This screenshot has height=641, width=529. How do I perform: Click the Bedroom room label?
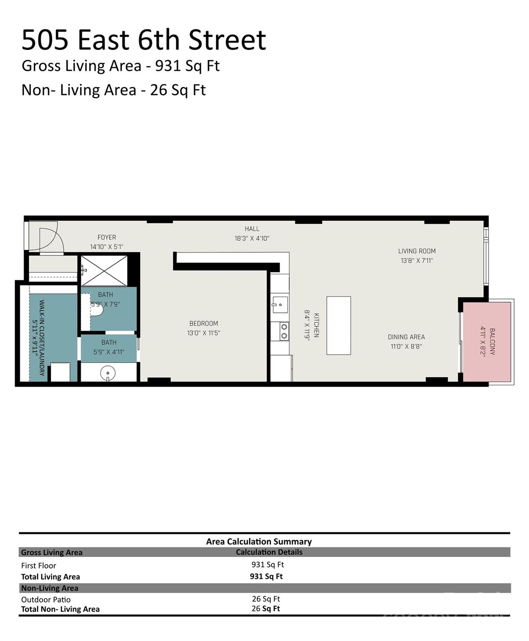204,323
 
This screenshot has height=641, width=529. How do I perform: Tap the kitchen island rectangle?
339,326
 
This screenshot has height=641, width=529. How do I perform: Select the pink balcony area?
487,342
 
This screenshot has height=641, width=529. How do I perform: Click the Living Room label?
417,251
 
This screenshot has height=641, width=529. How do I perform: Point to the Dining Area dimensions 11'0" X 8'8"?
406,346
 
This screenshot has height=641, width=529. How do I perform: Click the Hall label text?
252,229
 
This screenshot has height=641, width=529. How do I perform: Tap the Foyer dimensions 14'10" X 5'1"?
106,247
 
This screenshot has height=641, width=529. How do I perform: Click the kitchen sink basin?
280,305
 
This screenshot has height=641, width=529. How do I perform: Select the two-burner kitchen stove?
284,331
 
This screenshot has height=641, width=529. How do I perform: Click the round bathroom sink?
108,373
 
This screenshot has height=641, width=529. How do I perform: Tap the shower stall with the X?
104,271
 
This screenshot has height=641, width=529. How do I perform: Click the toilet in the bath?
97,310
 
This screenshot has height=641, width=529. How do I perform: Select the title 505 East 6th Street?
144,40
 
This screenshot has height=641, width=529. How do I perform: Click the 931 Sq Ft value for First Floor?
268,564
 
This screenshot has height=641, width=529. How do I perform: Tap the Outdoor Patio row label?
46,600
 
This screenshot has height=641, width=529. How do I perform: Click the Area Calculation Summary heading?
259,541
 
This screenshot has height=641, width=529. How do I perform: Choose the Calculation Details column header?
269,552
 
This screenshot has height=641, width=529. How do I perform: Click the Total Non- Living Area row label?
60,609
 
